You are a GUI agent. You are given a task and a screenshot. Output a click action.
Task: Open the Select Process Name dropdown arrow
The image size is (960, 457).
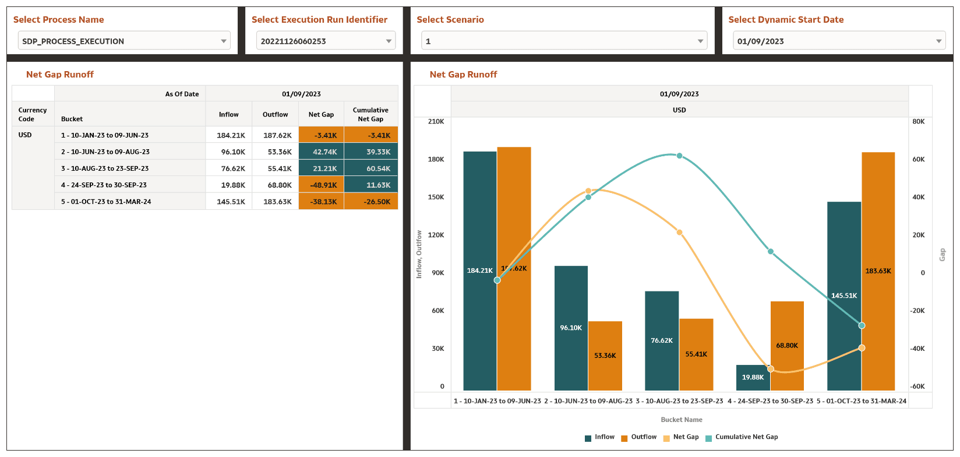(x=224, y=41)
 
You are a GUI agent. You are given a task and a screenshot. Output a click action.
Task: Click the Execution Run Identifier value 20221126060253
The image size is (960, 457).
(x=294, y=41)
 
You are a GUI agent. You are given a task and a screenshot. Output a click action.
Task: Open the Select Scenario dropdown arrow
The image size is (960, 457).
(x=700, y=41)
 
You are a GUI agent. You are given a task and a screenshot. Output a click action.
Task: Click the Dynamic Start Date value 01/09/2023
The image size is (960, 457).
(x=761, y=41)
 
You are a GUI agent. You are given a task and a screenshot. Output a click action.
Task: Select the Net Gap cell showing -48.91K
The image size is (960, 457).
(x=321, y=185)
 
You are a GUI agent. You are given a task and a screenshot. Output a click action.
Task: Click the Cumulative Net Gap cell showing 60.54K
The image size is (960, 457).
(x=371, y=168)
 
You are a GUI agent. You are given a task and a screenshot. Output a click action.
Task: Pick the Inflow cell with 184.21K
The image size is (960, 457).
(x=229, y=135)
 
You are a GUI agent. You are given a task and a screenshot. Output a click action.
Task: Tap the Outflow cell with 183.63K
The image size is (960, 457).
(x=276, y=202)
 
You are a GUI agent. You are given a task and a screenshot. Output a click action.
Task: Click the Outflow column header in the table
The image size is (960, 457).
(x=276, y=114)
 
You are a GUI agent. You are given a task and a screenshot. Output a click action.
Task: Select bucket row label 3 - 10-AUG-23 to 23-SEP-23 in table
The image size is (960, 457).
(x=105, y=168)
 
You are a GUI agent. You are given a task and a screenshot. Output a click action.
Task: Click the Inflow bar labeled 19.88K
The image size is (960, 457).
(x=753, y=378)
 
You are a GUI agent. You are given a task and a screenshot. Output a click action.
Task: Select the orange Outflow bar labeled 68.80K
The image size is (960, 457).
(x=787, y=346)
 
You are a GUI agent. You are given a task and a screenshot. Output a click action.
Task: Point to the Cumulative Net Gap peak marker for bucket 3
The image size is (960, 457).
(x=679, y=156)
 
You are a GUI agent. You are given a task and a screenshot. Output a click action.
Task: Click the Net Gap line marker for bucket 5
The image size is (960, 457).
(x=862, y=348)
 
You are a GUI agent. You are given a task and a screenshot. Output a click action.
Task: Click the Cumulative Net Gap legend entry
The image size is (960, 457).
(x=746, y=437)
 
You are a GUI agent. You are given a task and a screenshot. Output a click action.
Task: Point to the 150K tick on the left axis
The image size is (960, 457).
(x=436, y=197)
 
